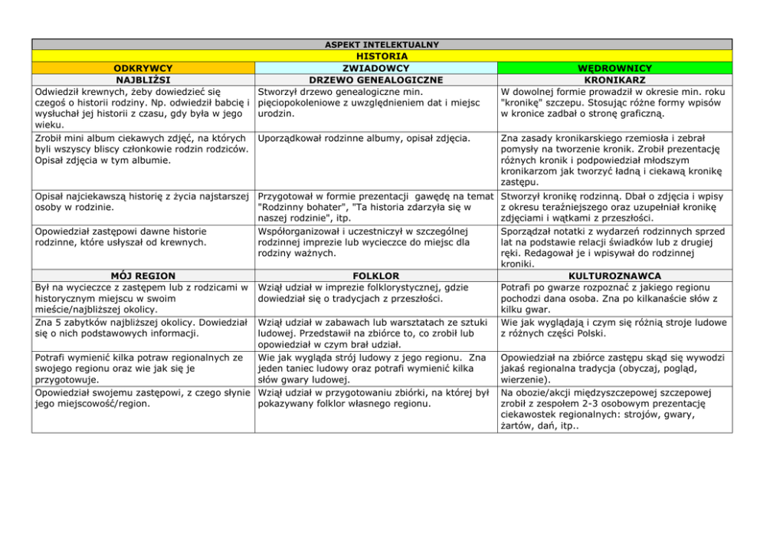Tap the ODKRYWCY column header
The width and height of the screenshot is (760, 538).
142,67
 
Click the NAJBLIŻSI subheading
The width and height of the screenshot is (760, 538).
142,79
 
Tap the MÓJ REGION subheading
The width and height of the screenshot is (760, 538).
142,275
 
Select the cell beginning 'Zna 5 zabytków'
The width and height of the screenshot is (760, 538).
142,328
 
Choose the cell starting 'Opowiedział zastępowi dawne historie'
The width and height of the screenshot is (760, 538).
123,236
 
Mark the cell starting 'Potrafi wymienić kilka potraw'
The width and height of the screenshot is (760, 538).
142,368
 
